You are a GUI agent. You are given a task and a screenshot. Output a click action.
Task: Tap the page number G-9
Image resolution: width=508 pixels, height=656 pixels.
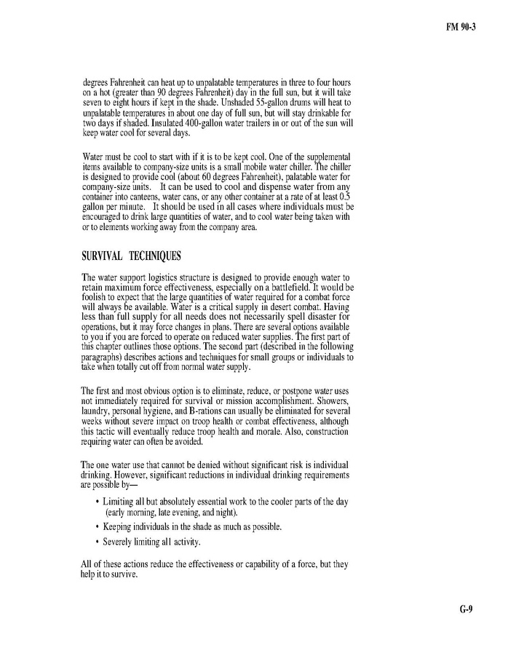click(466, 609)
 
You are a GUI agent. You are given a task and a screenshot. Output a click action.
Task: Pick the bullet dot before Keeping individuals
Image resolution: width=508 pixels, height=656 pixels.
click(98, 526)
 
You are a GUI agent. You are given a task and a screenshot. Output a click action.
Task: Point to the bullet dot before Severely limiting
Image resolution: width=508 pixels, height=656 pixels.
click(98, 542)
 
